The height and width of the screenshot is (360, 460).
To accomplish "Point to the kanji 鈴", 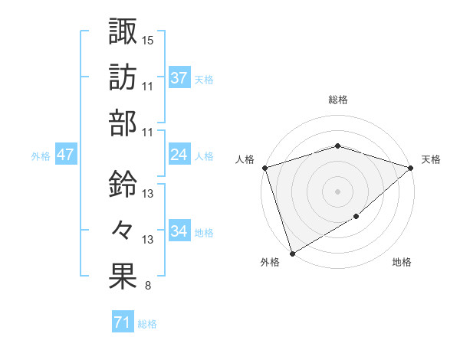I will click(123, 184).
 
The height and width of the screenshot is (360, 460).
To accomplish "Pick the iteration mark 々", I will click(123, 230).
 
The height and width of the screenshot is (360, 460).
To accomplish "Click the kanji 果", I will click(123, 277).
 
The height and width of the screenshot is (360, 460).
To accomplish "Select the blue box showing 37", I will click(179, 77).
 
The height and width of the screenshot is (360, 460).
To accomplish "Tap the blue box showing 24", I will click(179, 155).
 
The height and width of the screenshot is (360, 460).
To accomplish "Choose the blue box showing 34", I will click(179, 231).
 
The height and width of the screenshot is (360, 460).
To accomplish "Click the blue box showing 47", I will click(65, 155).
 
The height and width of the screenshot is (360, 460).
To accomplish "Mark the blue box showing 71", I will click(122, 322).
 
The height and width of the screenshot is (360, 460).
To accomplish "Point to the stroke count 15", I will click(148, 39).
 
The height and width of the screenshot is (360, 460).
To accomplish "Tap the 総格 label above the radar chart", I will click(338, 100).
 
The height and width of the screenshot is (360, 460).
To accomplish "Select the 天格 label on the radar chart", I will click(431, 159).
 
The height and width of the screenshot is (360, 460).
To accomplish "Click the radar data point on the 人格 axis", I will click(265, 168).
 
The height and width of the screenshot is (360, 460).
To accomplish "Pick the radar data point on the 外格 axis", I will click(292, 253).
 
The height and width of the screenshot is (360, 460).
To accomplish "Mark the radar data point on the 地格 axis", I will click(356, 218).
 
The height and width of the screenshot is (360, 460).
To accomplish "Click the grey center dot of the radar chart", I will click(337, 191).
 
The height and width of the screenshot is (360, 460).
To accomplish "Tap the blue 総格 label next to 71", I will click(147, 323).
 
